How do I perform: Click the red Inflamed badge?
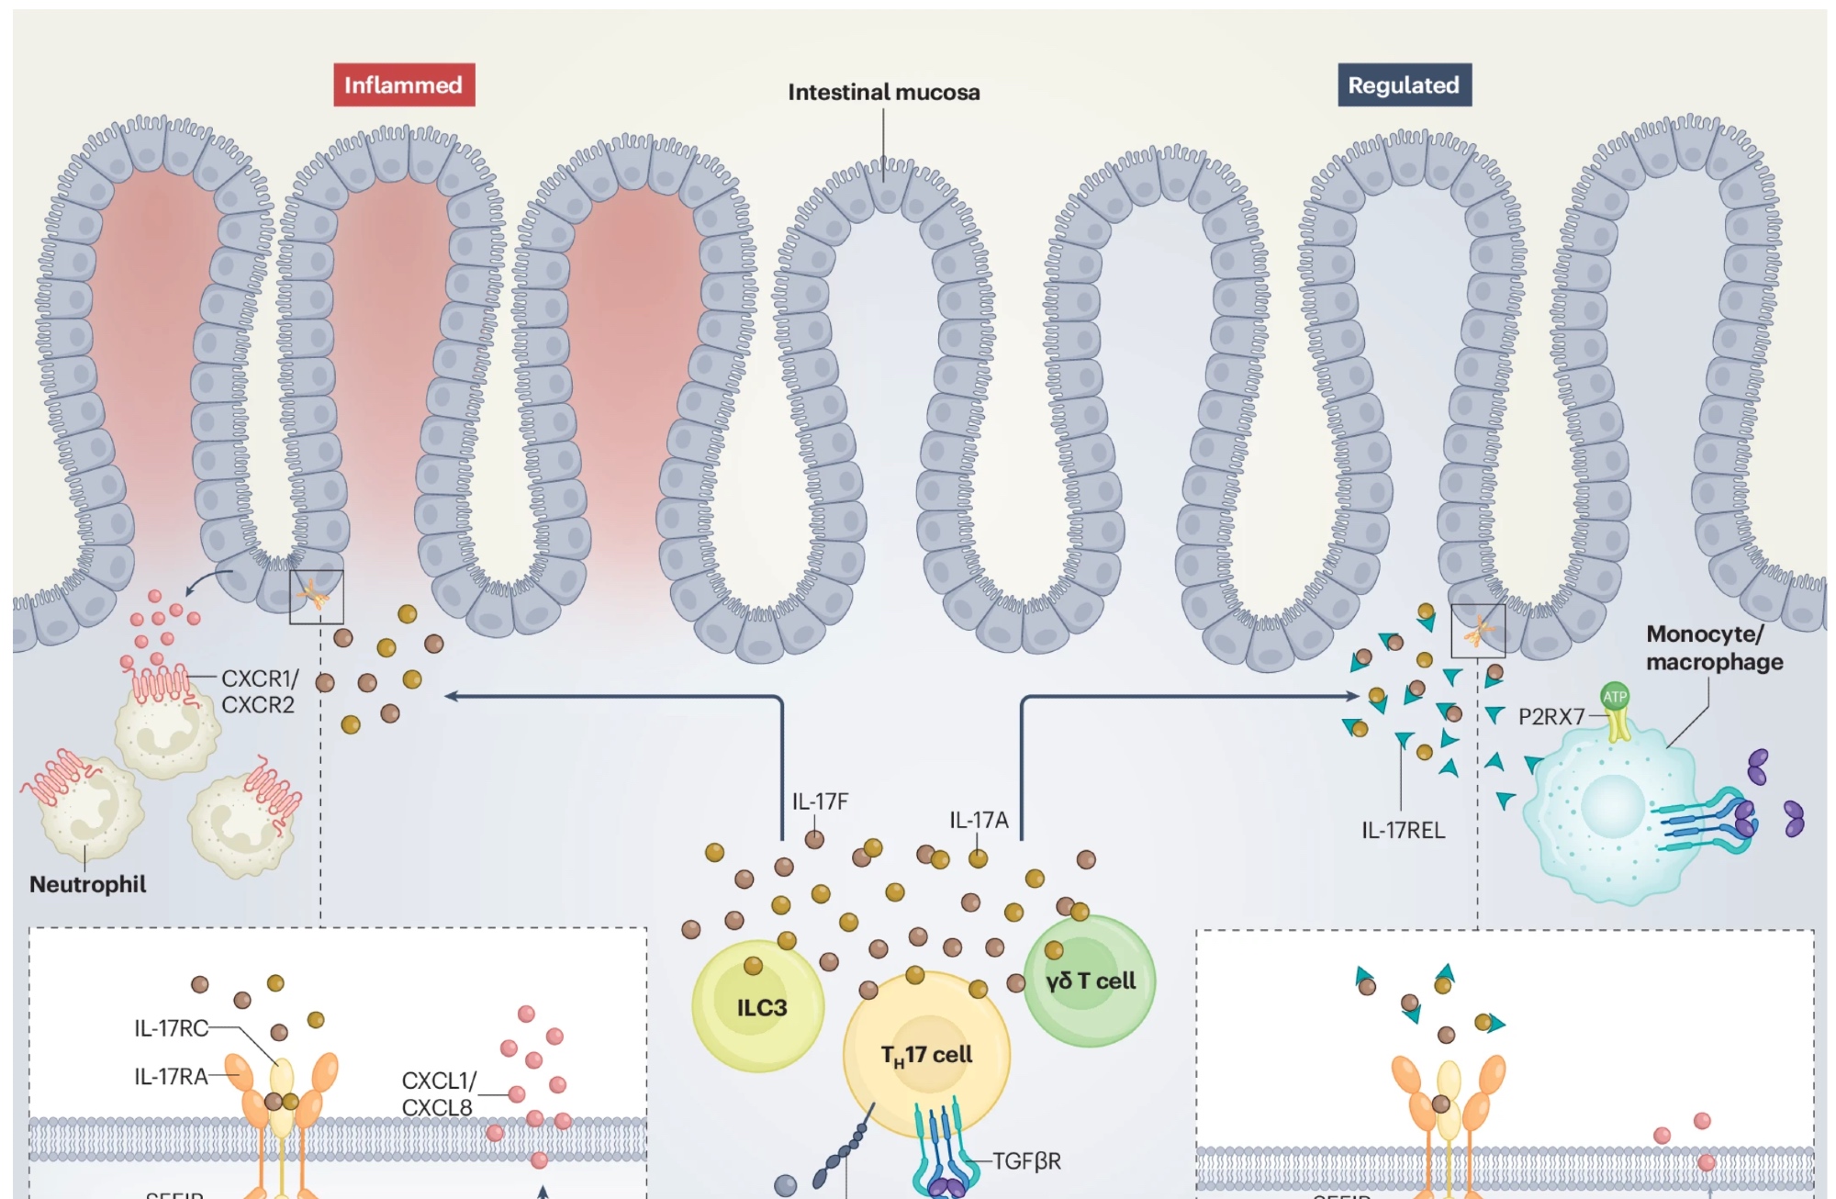(404, 85)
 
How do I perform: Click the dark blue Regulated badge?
(1404, 85)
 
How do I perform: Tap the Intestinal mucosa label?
(883, 93)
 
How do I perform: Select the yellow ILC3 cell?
(758, 1007)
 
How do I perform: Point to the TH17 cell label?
(926, 1055)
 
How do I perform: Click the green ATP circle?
(1615, 697)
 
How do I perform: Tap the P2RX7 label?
(1551, 717)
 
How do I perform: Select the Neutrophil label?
(87, 884)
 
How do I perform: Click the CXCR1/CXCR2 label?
(260, 691)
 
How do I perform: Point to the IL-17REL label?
(1403, 830)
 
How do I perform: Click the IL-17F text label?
(820, 801)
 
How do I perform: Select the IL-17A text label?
(979, 820)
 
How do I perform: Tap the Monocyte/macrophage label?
(1714, 648)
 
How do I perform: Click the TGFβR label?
(1026, 1161)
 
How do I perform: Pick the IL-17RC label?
(172, 1028)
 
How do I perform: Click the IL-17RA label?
(171, 1076)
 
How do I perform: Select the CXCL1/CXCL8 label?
(438, 1094)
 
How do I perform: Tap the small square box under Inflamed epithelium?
(317, 597)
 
